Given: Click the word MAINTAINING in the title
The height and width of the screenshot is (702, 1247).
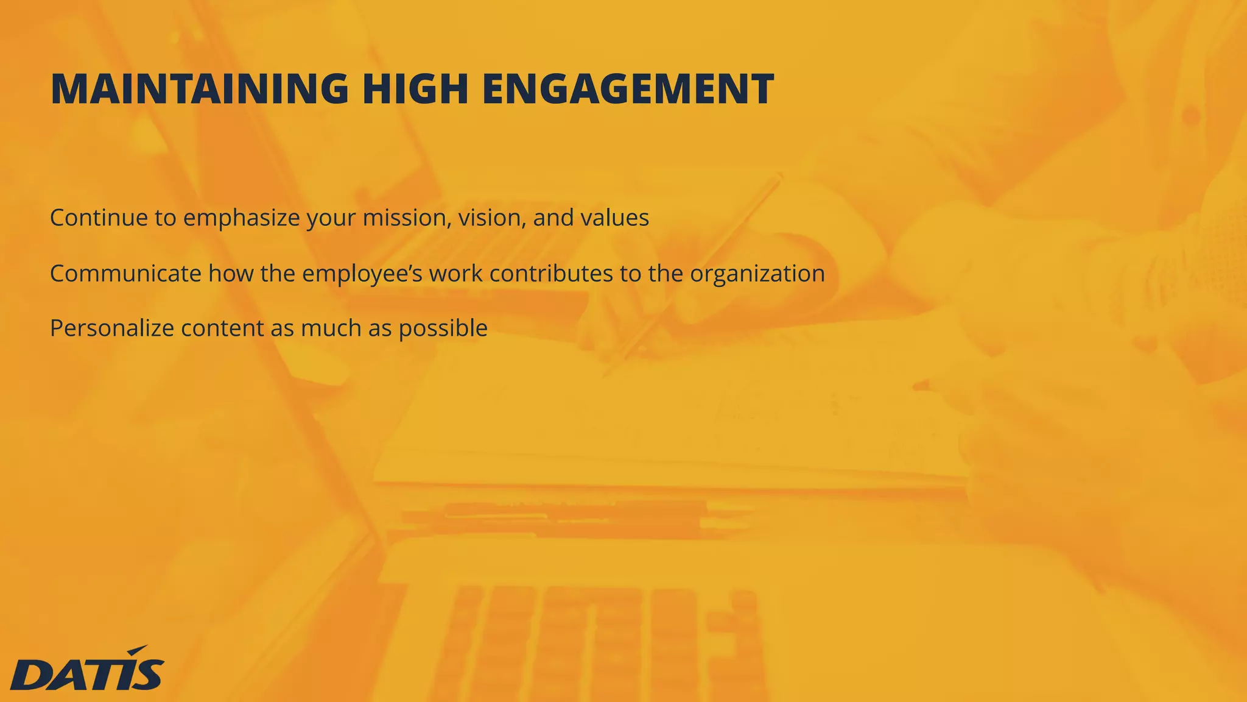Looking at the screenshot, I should tap(199, 89).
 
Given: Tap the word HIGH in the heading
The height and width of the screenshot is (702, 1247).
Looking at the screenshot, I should tap(415, 89).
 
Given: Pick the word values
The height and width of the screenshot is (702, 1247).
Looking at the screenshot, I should tap(614, 218).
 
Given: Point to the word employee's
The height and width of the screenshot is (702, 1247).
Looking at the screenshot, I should tap(362, 273).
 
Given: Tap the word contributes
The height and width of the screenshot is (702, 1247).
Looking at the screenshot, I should tap(551, 273).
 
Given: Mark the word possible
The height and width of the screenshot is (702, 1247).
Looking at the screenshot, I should tap(443, 328).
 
